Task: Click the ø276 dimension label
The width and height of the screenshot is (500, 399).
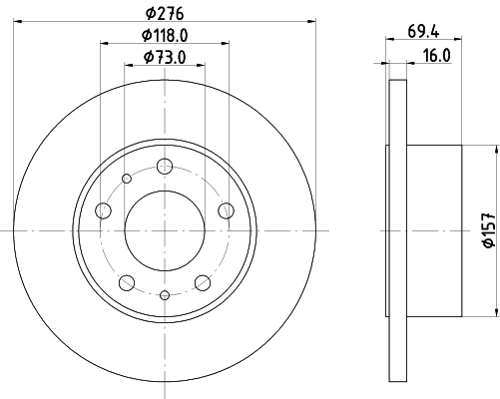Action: (166, 13)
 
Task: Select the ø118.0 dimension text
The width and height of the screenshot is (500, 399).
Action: (166, 36)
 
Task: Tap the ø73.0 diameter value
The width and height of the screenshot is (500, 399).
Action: (166, 58)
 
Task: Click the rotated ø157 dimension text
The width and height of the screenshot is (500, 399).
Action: (488, 230)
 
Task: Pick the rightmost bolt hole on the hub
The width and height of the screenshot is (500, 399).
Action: (226, 210)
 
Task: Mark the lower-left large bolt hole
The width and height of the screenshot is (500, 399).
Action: (128, 281)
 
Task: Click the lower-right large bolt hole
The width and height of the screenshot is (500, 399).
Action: (203, 281)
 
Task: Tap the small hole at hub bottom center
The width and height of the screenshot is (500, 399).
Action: (165, 294)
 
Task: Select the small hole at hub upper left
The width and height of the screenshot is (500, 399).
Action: (127, 179)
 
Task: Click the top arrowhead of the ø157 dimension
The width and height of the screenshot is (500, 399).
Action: (496, 150)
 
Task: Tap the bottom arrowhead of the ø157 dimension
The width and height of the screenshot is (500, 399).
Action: (496, 311)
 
